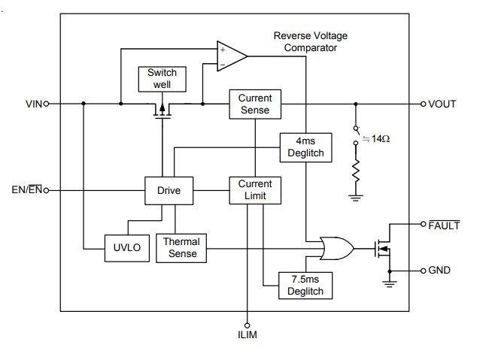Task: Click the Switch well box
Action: pyautogui.click(x=162, y=78)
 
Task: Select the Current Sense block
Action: pyautogui.click(x=254, y=104)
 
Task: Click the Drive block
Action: pyautogui.click(x=169, y=191)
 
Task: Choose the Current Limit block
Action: pyautogui.click(x=254, y=190)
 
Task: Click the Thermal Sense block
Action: pyautogui.click(x=182, y=248)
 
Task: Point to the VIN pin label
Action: pyautogui.click(x=35, y=104)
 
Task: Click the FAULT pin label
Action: pyautogui.click(x=443, y=225)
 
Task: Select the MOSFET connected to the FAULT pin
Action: pyautogui.click(x=384, y=247)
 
